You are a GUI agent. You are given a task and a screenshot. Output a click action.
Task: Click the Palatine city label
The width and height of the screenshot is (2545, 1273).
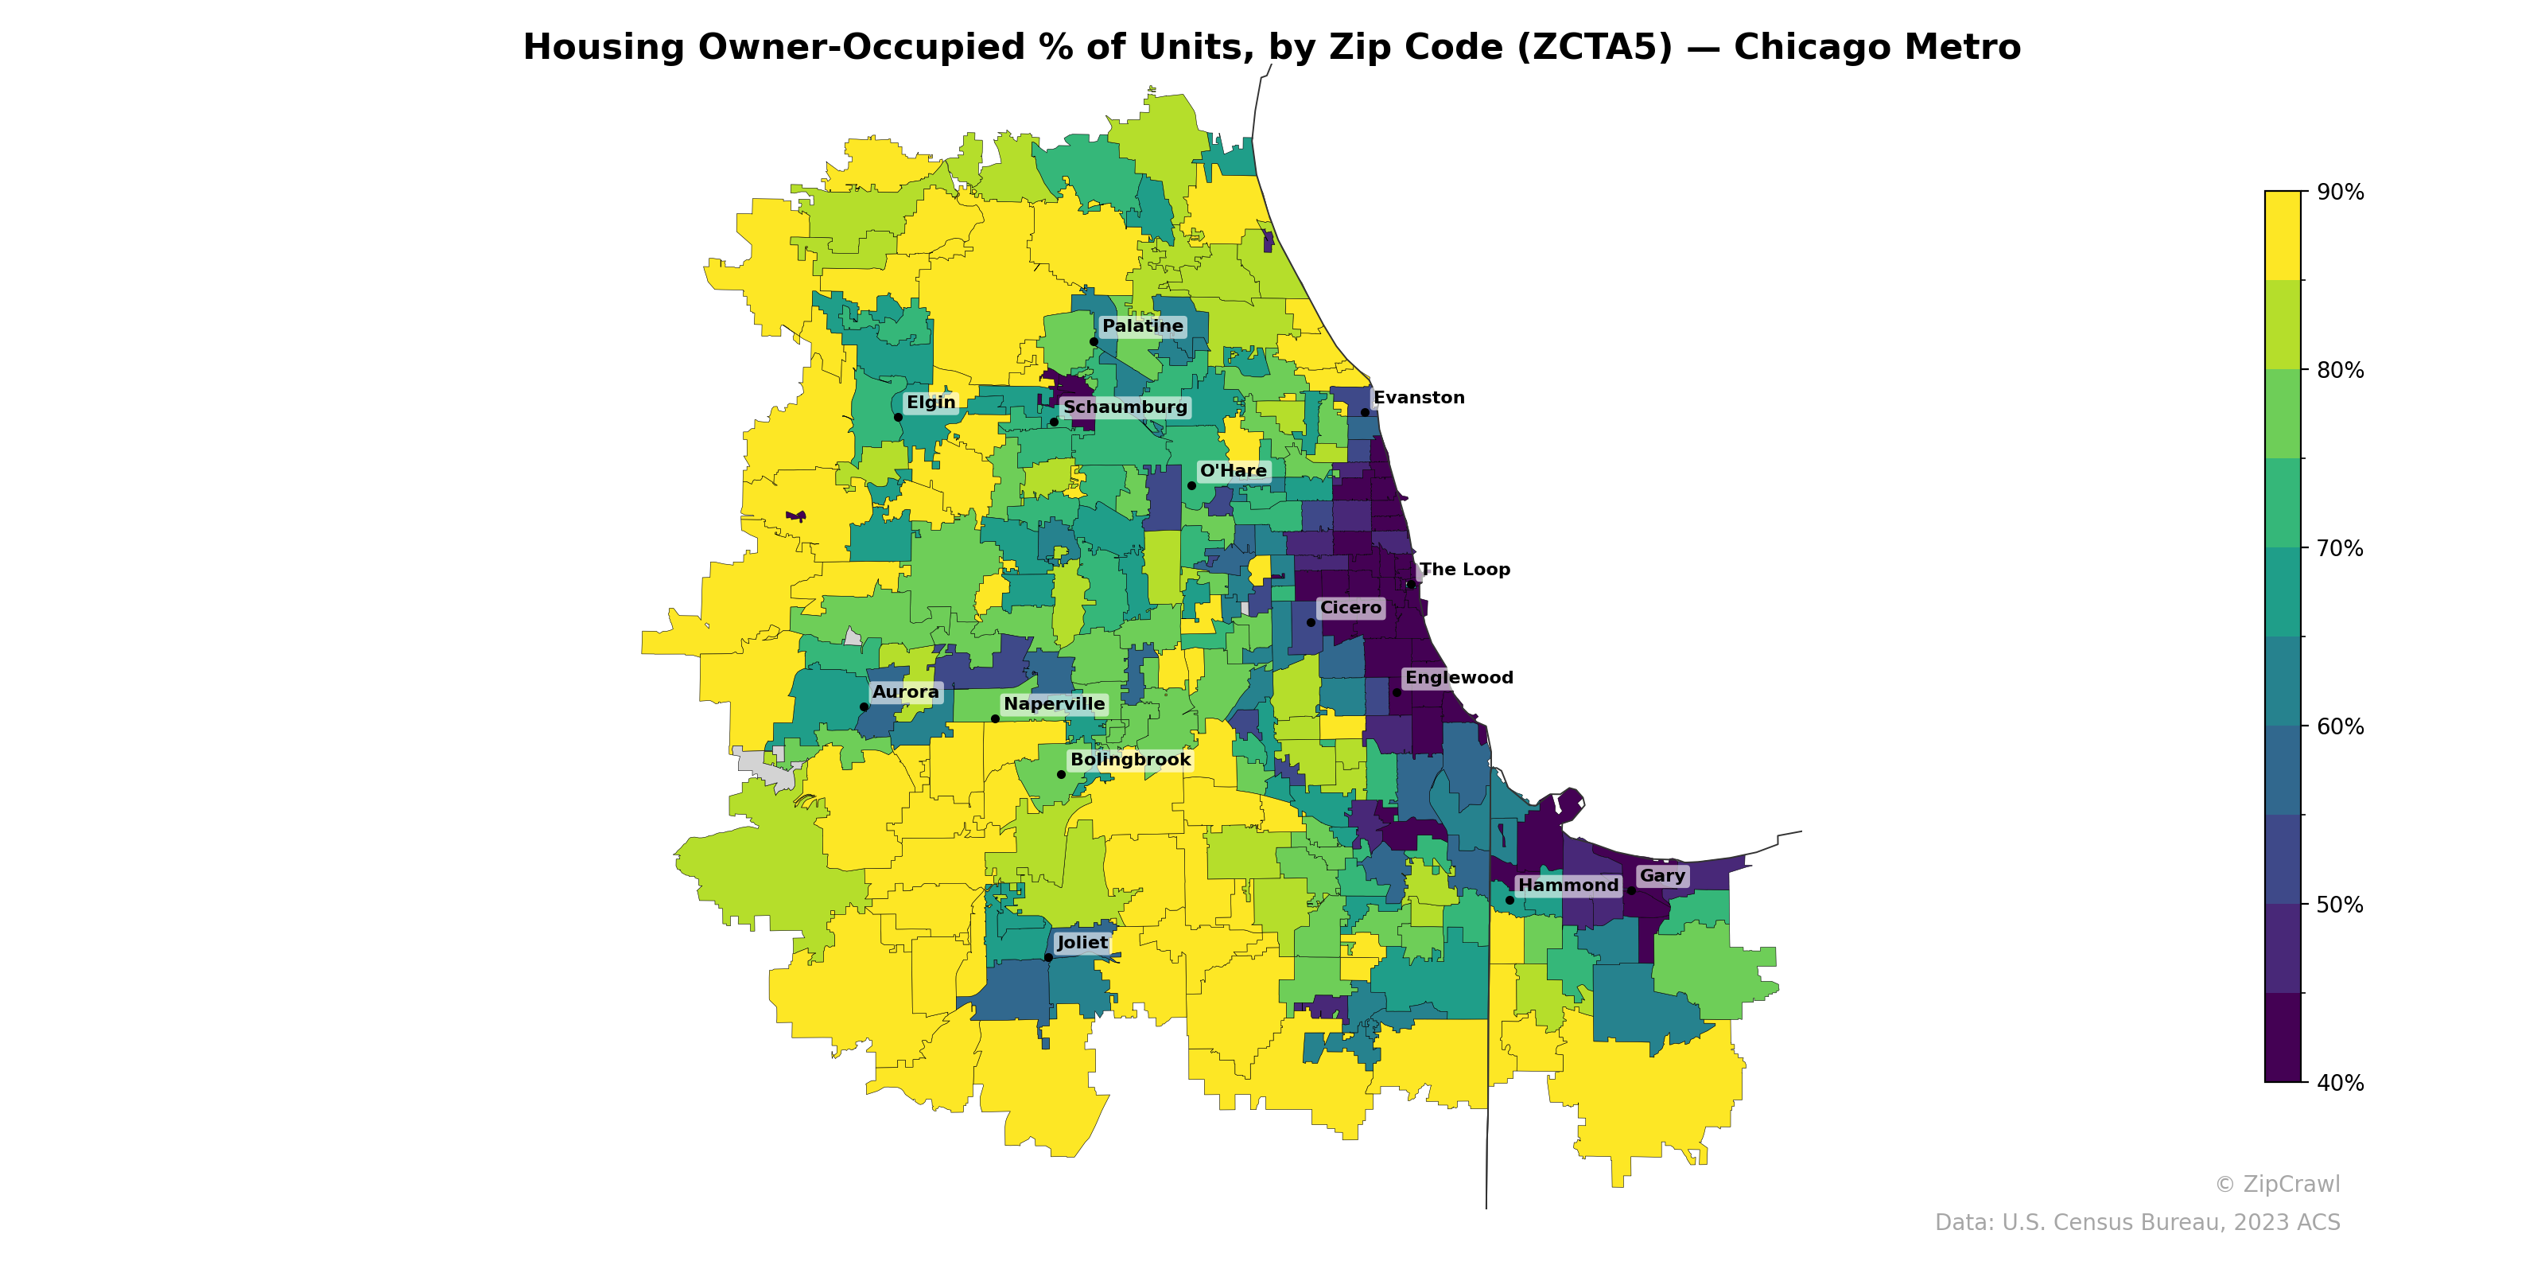tap(1142, 326)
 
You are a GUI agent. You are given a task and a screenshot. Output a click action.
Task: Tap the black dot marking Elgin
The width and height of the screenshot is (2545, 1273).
tap(898, 417)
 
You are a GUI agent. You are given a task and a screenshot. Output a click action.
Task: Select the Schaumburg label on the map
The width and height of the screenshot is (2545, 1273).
tap(1125, 407)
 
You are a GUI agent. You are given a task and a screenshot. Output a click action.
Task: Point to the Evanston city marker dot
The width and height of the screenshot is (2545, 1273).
tap(1366, 413)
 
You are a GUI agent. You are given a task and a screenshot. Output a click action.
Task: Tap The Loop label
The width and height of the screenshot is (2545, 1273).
tap(1464, 570)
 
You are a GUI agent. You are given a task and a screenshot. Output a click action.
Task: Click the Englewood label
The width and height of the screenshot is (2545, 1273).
tap(1459, 678)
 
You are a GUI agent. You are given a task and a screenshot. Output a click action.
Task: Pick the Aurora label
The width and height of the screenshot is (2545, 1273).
tap(905, 692)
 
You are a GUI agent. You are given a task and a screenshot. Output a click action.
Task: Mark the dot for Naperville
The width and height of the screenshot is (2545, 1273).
tap(995, 718)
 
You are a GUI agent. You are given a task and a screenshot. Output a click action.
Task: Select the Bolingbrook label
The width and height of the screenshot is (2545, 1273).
tap(1130, 760)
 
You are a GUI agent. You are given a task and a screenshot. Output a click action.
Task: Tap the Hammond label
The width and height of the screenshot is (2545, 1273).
tap(1568, 886)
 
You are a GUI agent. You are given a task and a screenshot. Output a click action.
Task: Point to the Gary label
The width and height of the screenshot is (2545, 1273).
tap(1661, 876)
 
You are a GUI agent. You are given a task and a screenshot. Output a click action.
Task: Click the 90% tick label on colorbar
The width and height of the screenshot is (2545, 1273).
tap(2340, 193)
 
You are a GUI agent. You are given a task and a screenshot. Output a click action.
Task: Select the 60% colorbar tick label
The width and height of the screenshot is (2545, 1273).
tap(2340, 726)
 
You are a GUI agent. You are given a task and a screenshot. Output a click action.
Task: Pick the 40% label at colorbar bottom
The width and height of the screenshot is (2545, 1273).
tap(2340, 1083)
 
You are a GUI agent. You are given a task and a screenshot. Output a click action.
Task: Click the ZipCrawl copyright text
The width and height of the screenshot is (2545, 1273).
tap(2276, 1184)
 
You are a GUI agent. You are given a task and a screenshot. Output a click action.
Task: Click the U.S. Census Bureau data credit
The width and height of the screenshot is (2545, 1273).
tap(2136, 1223)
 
